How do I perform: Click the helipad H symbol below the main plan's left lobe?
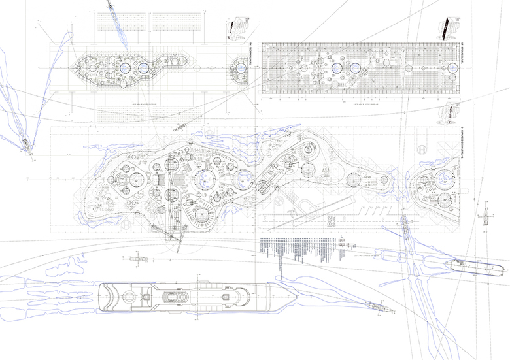pos(124,224)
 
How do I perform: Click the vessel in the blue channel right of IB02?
pos(405,226)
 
